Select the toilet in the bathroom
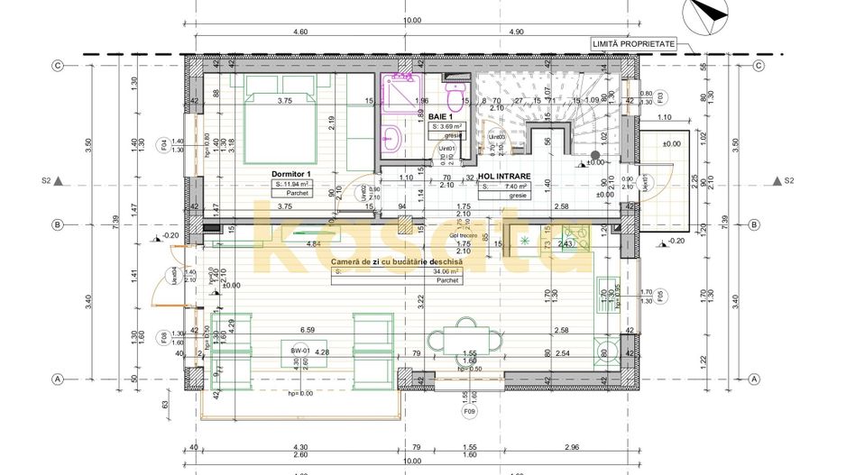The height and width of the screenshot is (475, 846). pos(455,92)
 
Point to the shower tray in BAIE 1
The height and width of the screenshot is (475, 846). pos(398,95)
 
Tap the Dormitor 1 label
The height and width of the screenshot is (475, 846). pos(290,173)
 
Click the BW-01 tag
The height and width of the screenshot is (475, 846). pos(299,350)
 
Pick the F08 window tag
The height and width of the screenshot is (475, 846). pos(163,339)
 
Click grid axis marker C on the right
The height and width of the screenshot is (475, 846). pos(759,65)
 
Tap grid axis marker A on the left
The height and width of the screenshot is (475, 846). pos(57,379)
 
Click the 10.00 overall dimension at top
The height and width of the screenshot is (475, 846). pos(411,20)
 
